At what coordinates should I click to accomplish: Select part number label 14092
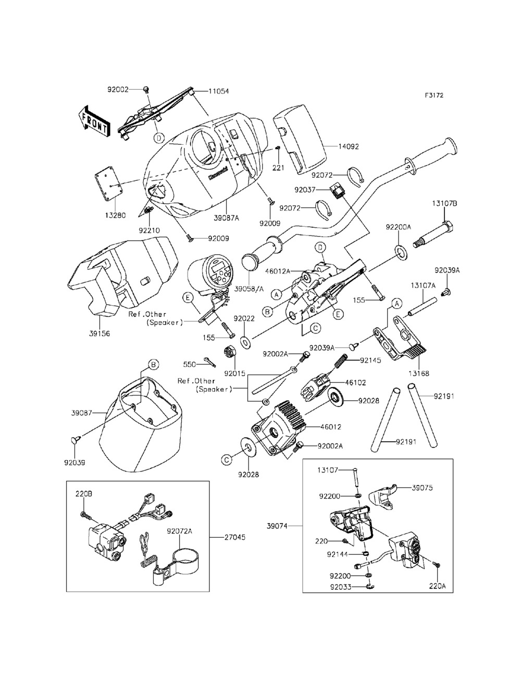point(349,147)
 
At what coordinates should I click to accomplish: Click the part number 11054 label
point(218,91)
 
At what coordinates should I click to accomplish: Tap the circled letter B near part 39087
point(153,365)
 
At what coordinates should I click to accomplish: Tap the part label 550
point(189,364)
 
